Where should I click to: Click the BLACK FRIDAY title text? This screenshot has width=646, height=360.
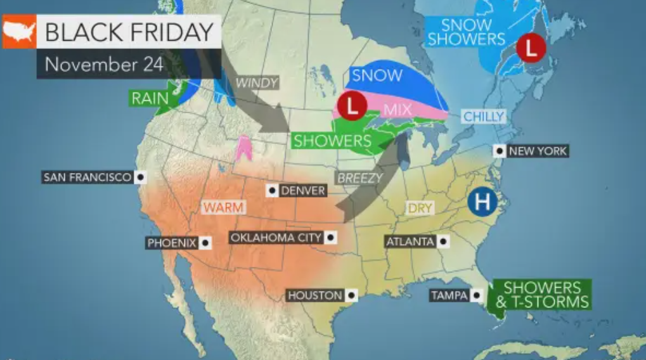tap(129, 32)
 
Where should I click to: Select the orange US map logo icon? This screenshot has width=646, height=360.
tap(18, 32)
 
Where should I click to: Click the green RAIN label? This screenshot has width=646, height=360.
tap(150, 98)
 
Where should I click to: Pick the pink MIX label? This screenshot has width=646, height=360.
tap(398, 109)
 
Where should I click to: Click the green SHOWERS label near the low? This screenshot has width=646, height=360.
tap(331, 139)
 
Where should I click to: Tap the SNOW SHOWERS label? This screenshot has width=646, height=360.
tap(465, 32)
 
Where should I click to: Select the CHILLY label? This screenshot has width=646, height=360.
tap(484, 117)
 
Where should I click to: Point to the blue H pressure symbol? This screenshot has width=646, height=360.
tap(482, 202)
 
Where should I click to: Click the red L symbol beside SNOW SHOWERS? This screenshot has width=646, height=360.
tap(531, 47)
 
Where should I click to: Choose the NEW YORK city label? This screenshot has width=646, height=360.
tap(537, 151)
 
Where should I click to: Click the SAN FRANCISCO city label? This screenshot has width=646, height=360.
tap(87, 177)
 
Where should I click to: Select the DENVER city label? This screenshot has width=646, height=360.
tap(302, 190)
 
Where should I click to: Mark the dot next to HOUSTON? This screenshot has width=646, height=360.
tap(351, 295)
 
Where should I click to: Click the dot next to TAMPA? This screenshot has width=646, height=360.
tap(476, 295)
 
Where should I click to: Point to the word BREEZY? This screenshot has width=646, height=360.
tap(360, 178)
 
